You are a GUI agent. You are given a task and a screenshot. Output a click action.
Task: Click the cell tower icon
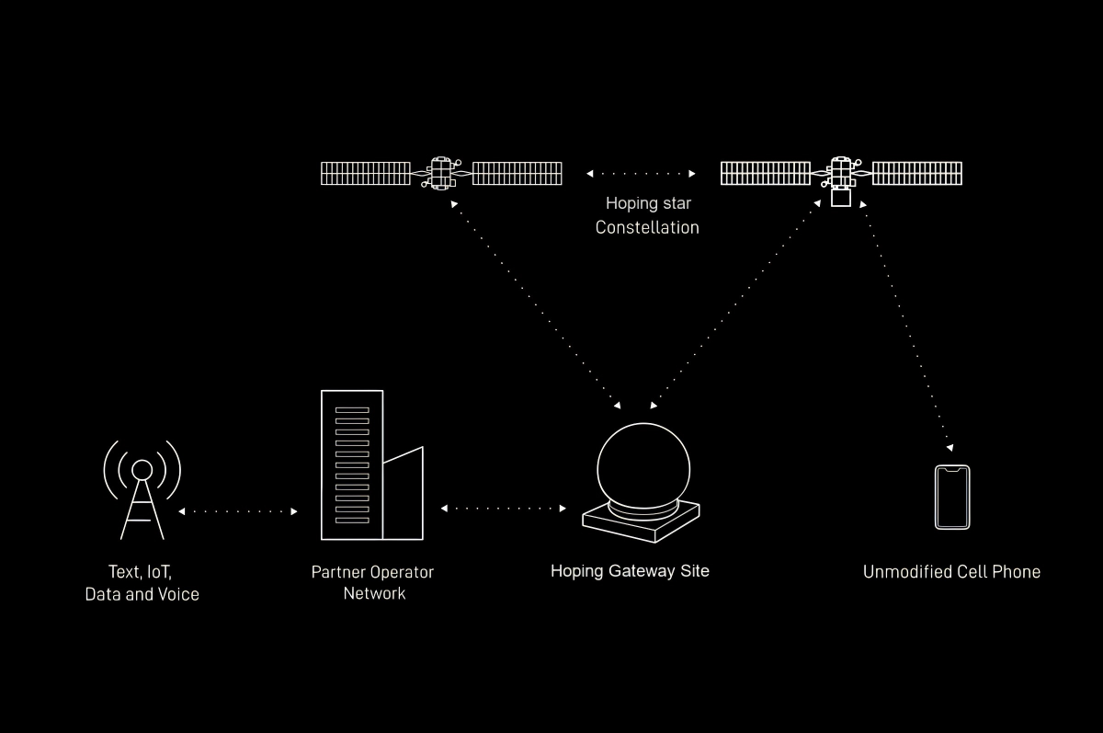(x=142, y=487)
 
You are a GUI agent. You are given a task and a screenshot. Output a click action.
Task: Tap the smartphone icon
(x=952, y=498)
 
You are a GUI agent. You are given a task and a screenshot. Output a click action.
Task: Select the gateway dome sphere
(x=643, y=465)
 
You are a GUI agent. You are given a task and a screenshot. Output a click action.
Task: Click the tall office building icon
(x=352, y=464)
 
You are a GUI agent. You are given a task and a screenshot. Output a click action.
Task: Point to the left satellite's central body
(x=442, y=173)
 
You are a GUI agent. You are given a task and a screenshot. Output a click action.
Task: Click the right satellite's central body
(x=841, y=175)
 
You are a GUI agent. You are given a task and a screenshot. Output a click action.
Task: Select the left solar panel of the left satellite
(x=366, y=173)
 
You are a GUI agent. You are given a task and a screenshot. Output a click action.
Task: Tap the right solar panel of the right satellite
(x=916, y=173)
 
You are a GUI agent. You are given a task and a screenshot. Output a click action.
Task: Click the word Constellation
(x=647, y=227)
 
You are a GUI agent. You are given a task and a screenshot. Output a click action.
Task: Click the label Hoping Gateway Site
(x=630, y=571)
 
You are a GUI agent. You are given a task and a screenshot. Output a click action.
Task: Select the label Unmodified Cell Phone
(x=951, y=572)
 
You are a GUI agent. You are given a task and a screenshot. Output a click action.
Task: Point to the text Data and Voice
(x=142, y=594)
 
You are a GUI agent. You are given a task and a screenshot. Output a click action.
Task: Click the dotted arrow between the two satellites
(x=642, y=173)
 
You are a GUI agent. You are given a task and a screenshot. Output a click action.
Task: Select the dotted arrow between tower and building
(x=238, y=510)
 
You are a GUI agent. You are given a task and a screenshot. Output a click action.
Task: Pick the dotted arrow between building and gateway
(x=504, y=508)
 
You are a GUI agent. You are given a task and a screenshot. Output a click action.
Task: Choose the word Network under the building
(x=374, y=593)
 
